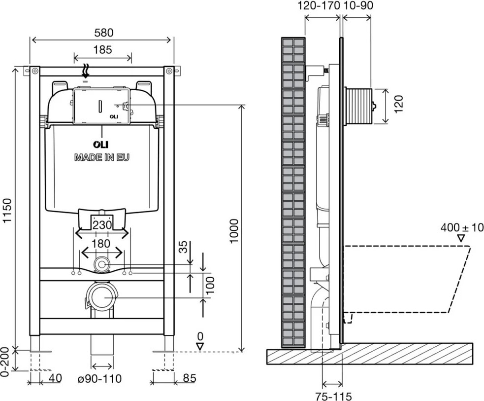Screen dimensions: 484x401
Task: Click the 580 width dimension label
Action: coord(104,33)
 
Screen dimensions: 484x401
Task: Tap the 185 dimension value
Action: coord(103,49)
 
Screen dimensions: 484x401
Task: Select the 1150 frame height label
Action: coord(7,210)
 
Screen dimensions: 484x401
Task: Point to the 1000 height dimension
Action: coord(234,231)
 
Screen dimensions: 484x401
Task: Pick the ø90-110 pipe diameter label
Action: coord(99,378)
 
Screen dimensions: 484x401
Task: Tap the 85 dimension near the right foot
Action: coord(190,378)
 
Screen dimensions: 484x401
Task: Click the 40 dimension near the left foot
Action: coord(55,378)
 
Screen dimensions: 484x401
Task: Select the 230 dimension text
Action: coord(102,225)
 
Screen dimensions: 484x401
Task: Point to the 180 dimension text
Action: coord(101,244)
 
